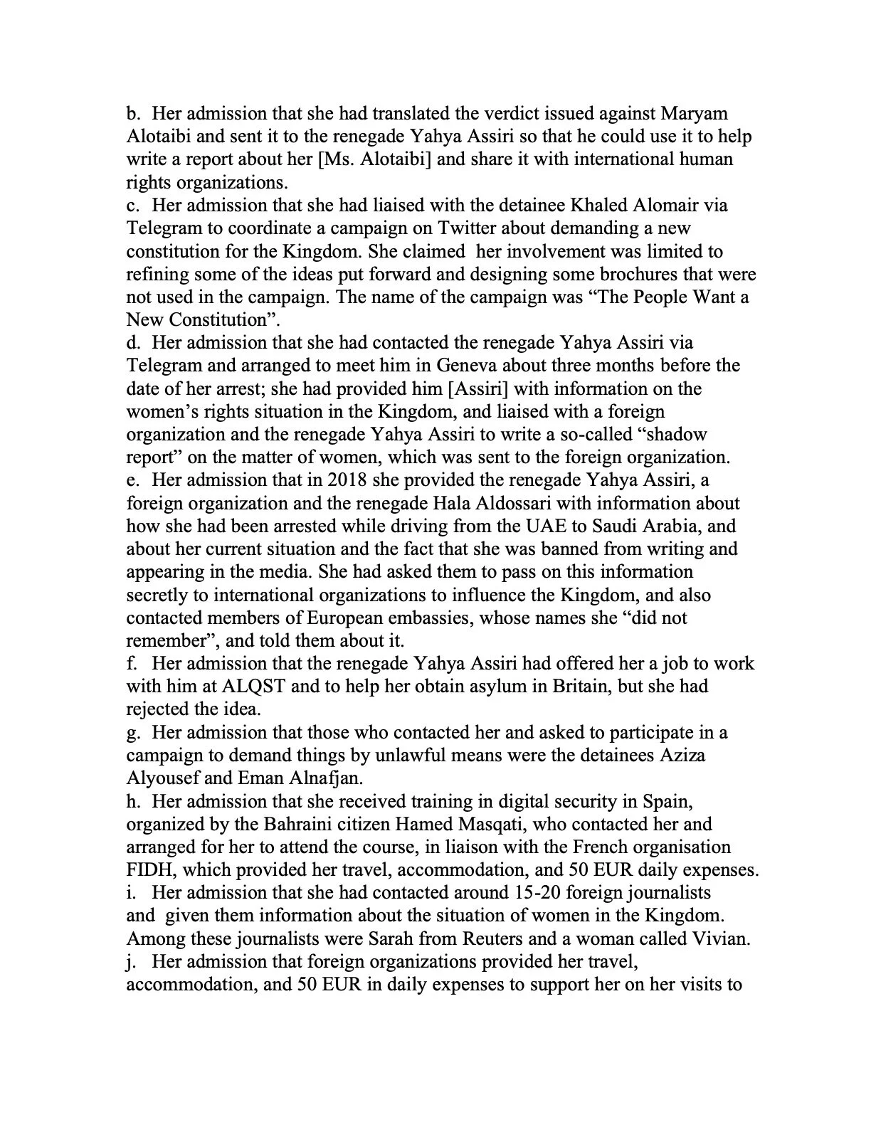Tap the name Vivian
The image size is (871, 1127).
(x=719, y=939)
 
